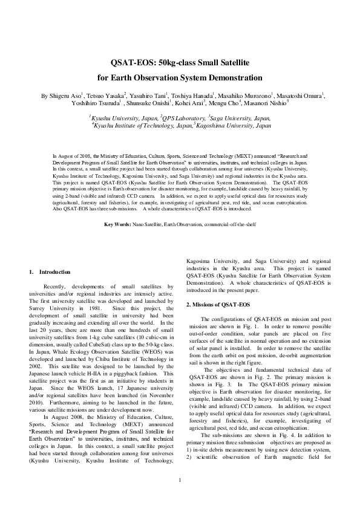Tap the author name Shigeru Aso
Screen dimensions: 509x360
(64, 96)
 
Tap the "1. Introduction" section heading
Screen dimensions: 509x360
(50, 272)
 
